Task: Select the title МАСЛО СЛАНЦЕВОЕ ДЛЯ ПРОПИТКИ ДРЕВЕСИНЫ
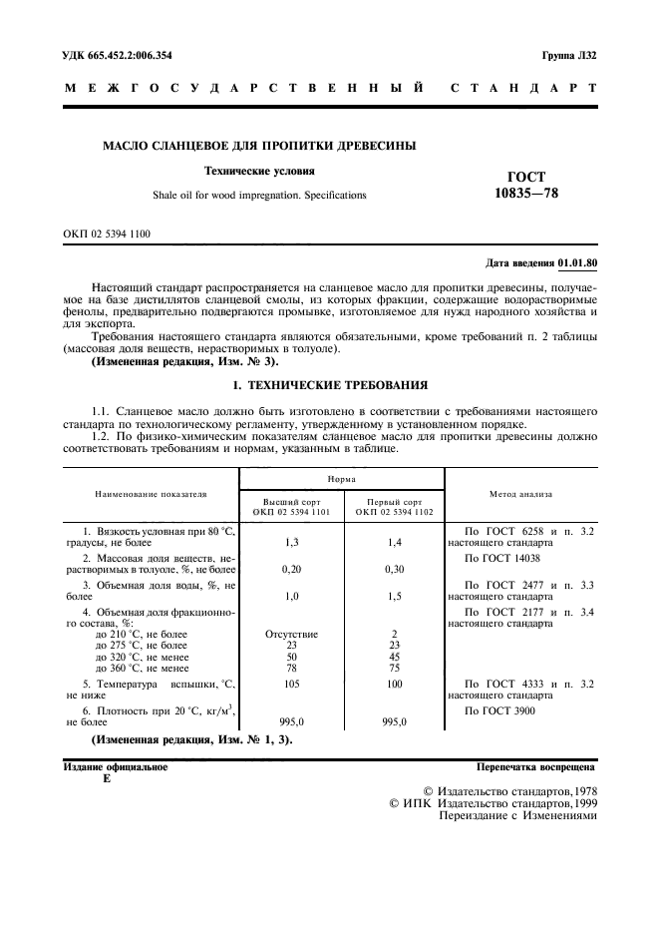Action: click(260, 147)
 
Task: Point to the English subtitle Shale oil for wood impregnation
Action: click(259, 195)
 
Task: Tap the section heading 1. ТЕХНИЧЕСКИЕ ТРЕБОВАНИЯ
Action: click(330, 383)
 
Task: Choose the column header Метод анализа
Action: click(520, 493)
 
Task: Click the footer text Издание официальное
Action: click(116, 767)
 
